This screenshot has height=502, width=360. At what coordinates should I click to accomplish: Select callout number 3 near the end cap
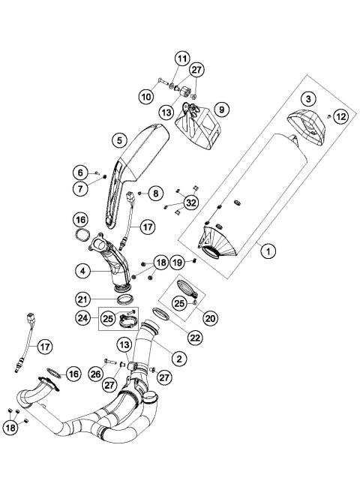click(307, 99)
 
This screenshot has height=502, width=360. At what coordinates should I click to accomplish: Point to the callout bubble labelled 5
click(118, 140)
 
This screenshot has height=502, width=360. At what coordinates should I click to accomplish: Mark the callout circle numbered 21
click(103, 299)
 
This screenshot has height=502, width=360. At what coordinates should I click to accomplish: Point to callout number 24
click(84, 318)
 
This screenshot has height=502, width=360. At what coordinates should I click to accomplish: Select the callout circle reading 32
click(190, 202)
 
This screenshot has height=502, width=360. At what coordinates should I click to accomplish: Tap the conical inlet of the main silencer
click(212, 242)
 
